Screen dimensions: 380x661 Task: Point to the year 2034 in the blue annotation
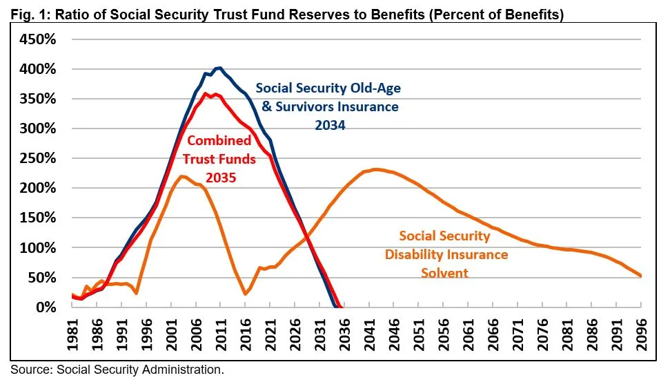point(328,126)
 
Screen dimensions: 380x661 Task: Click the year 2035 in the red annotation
point(219,177)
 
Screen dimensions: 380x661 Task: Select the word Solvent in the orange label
point(445,272)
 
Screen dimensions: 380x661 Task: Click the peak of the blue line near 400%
point(218,68)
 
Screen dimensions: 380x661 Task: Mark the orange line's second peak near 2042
point(375,169)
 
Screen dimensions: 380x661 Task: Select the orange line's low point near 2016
point(246,294)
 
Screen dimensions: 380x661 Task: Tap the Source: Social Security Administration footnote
point(117,370)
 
